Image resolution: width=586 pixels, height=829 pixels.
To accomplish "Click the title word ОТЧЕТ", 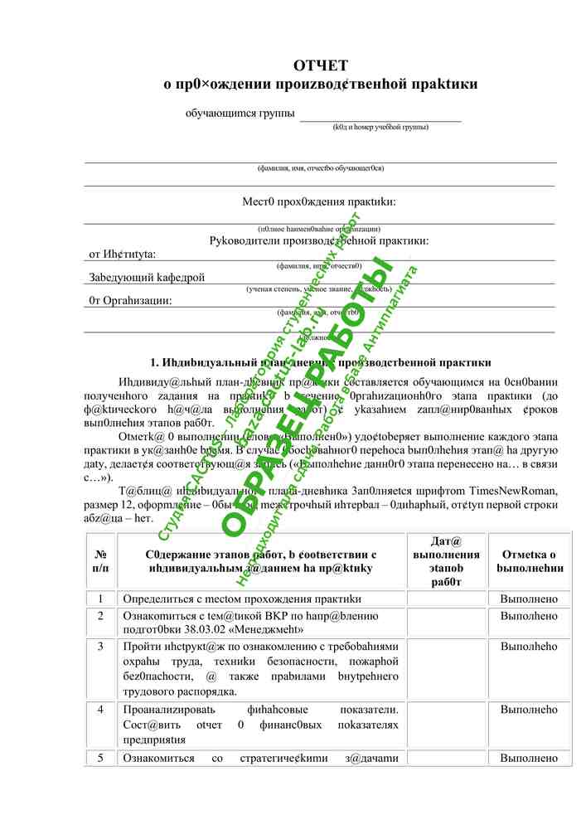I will [320, 65].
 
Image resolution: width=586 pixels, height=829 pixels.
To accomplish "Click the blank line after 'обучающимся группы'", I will [380, 115].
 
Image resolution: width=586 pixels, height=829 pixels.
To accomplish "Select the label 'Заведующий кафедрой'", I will [147, 278].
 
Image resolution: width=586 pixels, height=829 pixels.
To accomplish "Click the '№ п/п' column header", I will [100, 560].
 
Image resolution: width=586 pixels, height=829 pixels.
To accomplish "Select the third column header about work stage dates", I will [446, 561].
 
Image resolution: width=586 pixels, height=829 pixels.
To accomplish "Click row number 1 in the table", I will [100, 599].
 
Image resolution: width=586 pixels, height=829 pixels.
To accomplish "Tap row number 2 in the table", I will [100, 616].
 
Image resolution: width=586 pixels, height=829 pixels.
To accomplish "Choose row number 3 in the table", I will [100, 646].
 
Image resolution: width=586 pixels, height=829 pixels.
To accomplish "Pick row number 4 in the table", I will [100, 710].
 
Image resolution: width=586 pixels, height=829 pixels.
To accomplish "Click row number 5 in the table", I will [100, 758].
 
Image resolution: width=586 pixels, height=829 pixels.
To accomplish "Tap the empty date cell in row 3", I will [446, 668].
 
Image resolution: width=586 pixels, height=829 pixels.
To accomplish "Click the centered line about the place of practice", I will [319, 201].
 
